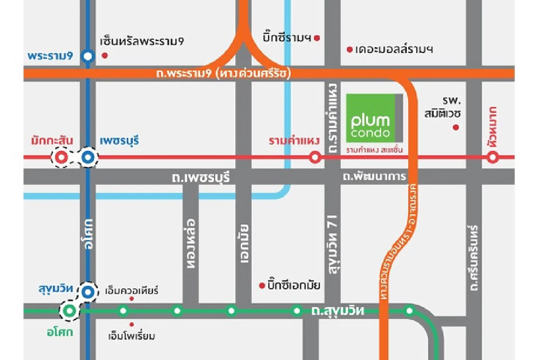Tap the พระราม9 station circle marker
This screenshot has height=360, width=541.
[x=88, y=56]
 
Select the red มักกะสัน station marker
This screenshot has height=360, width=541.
[x=62, y=158]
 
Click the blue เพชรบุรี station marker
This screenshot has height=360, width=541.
[x=88, y=158]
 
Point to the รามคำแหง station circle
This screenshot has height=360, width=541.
[x=315, y=158]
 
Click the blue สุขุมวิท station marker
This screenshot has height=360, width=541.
[x=89, y=292]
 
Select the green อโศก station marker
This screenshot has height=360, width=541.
[x=69, y=310]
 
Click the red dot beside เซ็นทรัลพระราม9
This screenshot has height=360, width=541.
[x=105, y=55]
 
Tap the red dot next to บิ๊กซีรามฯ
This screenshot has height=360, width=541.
[x=317, y=38]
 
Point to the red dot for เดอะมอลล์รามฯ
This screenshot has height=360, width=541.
[x=349, y=50]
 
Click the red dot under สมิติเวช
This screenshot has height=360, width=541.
[x=456, y=128]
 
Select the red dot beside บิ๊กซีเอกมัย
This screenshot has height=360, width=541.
[x=261, y=285]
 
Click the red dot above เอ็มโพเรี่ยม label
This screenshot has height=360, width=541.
[x=132, y=324]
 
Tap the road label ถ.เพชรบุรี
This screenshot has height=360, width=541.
[x=201, y=178]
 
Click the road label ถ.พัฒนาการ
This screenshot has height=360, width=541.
[x=374, y=177]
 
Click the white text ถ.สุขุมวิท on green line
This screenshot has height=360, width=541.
[x=338, y=310]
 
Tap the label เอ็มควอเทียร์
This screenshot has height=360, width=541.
[x=131, y=290]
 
